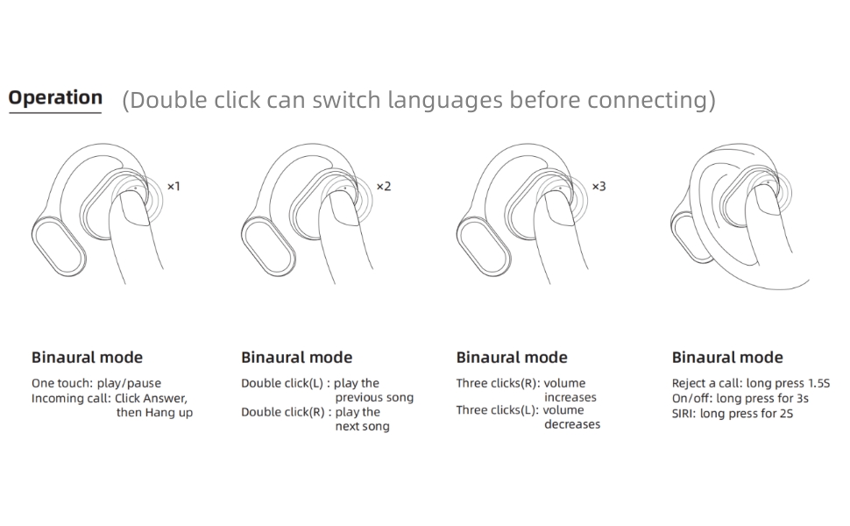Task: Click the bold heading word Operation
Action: (x=55, y=98)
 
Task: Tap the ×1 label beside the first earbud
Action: (x=174, y=187)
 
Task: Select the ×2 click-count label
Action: (x=384, y=187)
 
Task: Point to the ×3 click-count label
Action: (x=599, y=187)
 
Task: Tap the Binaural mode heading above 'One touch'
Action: (x=87, y=358)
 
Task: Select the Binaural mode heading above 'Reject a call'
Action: (x=727, y=358)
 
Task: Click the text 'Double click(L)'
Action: (x=282, y=383)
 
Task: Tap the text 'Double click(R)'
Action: (x=283, y=412)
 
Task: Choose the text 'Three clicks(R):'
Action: (x=496, y=383)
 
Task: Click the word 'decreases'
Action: (x=572, y=425)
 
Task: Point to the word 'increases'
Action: (x=570, y=398)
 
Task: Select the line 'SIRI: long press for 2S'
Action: (x=732, y=413)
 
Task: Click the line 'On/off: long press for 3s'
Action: (x=740, y=398)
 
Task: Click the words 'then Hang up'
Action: (x=154, y=413)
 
